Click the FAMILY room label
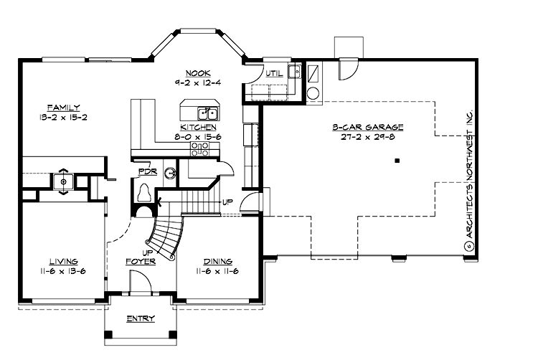[64, 107]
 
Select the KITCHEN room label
[195, 126]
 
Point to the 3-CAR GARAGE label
[367, 127]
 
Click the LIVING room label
[63, 262]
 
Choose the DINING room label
[217, 262]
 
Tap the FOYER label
[141, 262]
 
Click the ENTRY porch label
[140, 318]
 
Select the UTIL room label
[273, 73]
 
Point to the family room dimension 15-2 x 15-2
[64, 116]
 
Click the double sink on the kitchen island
[208, 113]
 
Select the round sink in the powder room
[169, 173]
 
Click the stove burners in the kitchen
[199, 148]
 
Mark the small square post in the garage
[396, 161]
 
